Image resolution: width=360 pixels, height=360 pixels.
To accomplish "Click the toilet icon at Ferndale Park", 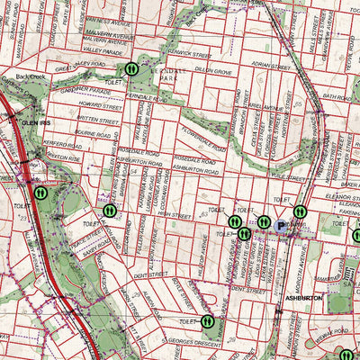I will pyautogui.click(x=131, y=68).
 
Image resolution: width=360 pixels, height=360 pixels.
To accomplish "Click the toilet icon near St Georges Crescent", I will pyautogui.click(x=208, y=319).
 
